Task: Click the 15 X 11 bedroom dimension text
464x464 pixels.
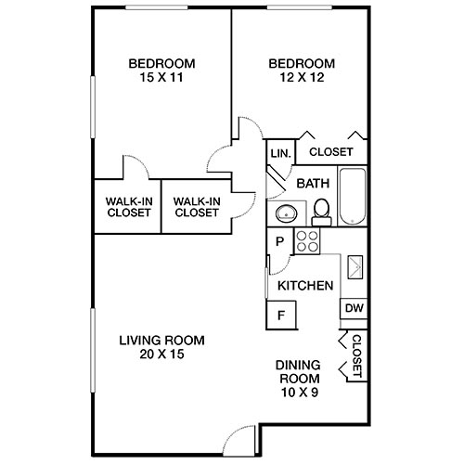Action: pyautogui.click(x=161, y=79)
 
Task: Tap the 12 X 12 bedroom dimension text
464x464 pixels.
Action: pyautogui.click(x=302, y=79)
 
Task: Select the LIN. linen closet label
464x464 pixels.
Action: pyautogui.click(x=280, y=152)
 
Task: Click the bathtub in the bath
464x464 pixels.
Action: pyautogui.click(x=353, y=197)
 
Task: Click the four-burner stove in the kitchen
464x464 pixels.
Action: pyautogui.click(x=306, y=242)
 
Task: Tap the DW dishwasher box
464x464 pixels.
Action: pyautogui.click(x=354, y=308)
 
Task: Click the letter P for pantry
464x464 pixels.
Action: pyautogui.click(x=278, y=241)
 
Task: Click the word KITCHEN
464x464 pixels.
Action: pyautogui.click(x=305, y=286)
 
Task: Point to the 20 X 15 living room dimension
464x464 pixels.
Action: pyautogui.click(x=161, y=354)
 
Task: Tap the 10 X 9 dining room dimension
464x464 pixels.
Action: pyautogui.click(x=299, y=393)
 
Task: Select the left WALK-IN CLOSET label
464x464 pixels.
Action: pyautogui.click(x=128, y=205)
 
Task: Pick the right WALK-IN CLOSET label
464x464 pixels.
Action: pyautogui.click(x=196, y=205)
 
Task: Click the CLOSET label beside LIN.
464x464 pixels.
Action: pyautogui.click(x=330, y=152)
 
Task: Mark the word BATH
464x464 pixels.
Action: pyautogui.click(x=313, y=183)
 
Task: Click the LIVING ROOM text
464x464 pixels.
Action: pyautogui.click(x=161, y=340)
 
